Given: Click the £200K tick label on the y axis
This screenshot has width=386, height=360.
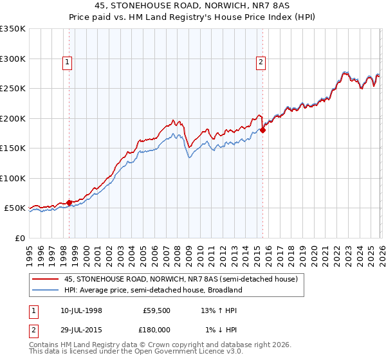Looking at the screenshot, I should (12, 118).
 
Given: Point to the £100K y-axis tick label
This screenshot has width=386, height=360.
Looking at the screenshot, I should (12, 178).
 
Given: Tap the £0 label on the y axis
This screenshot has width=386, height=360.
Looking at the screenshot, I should (19, 238).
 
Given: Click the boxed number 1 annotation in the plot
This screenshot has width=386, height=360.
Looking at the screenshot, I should (68, 62).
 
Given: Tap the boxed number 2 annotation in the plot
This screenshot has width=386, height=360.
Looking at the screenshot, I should (261, 62).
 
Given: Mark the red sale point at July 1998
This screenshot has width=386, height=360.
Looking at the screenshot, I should (69, 203).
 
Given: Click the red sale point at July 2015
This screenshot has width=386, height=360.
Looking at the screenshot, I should (262, 130).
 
